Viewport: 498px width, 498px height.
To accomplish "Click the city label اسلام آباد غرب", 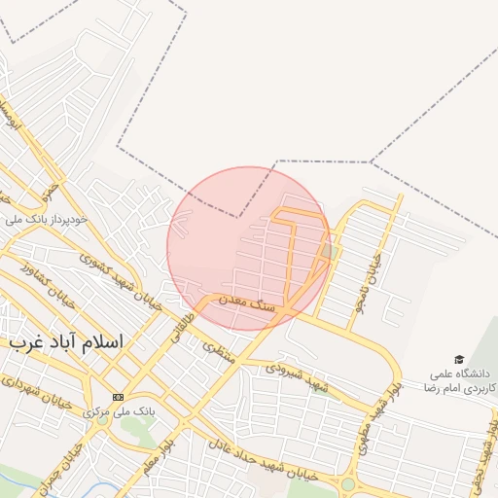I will [x=65, y=343].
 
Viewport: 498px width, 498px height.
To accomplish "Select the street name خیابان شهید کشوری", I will [x=121, y=279].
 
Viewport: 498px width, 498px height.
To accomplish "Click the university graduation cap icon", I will [x=458, y=360].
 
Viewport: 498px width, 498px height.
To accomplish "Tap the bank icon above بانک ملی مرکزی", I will [x=118, y=397].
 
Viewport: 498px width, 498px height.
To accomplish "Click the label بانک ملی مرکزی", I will [x=118, y=411].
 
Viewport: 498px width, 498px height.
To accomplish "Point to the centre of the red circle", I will [x=249, y=248].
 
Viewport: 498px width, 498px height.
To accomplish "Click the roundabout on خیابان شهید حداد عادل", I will [x=347, y=483].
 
